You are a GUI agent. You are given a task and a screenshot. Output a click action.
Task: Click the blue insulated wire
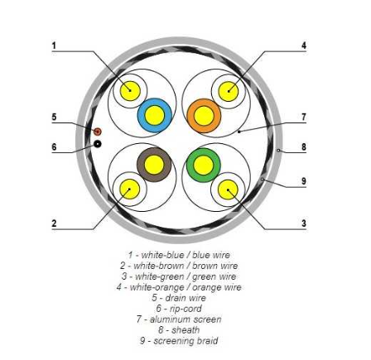pyautogui.click(x=155, y=115)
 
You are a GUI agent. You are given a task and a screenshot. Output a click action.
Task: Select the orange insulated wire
pyautogui.click(x=204, y=116)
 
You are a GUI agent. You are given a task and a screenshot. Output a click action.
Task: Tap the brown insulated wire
pyautogui.click(x=154, y=165)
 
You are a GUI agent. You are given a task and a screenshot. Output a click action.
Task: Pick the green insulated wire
pyautogui.click(x=204, y=165)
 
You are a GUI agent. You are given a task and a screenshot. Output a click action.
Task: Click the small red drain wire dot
pyautogui.click(x=98, y=132)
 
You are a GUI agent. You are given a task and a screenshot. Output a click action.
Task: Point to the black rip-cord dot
pyautogui.click(x=98, y=144)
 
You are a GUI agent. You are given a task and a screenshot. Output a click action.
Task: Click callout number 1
pyautogui.click(x=54, y=46)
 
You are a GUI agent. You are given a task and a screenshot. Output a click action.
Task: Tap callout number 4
pyautogui.click(x=304, y=46)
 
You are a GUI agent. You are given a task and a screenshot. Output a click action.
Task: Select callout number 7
pyautogui.click(x=304, y=117)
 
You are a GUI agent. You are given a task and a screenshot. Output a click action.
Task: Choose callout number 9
pyautogui.click(x=304, y=181)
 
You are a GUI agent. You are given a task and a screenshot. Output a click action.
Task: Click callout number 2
pyautogui.click(x=54, y=223)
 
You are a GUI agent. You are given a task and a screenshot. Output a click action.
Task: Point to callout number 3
pyautogui.click(x=304, y=223)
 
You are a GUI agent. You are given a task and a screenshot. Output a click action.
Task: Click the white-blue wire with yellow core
pyautogui.click(x=130, y=91)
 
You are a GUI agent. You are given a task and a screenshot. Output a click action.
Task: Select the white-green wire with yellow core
pyautogui.click(x=228, y=190)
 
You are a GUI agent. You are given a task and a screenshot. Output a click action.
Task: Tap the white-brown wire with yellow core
pyautogui.click(x=130, y=189)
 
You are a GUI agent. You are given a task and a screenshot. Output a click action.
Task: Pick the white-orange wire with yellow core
pyautogui.click(x=229, y=91)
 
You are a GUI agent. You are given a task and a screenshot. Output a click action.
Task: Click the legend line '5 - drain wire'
pyautogui.click(x=179, y=298)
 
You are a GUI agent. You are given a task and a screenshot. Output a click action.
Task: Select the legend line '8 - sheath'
pyautogui.click(x=179, y=329)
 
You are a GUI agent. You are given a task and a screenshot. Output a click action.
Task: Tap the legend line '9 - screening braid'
pyautogui.click(x=179, y=341)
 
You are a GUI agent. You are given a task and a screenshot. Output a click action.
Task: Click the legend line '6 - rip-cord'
pyautogui.click(x=179, y=309)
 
